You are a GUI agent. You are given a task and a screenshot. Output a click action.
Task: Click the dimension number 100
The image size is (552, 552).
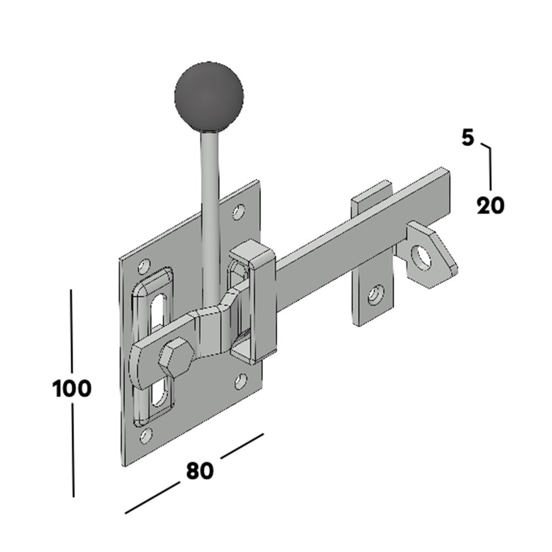coord(72,389)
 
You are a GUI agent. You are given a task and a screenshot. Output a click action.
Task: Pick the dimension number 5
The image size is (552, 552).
coord(468,138)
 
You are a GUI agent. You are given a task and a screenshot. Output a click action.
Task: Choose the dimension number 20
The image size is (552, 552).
coord(490,206)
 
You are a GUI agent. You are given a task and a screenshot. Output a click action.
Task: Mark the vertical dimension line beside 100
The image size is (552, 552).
coord(72,331)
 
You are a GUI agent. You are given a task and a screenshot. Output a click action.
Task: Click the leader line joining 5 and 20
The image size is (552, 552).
coord(489,166)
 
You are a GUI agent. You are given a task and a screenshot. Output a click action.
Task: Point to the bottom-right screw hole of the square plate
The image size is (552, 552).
coord(241,380)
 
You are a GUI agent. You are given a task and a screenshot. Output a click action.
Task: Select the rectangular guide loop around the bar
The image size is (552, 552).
coord(253,304)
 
